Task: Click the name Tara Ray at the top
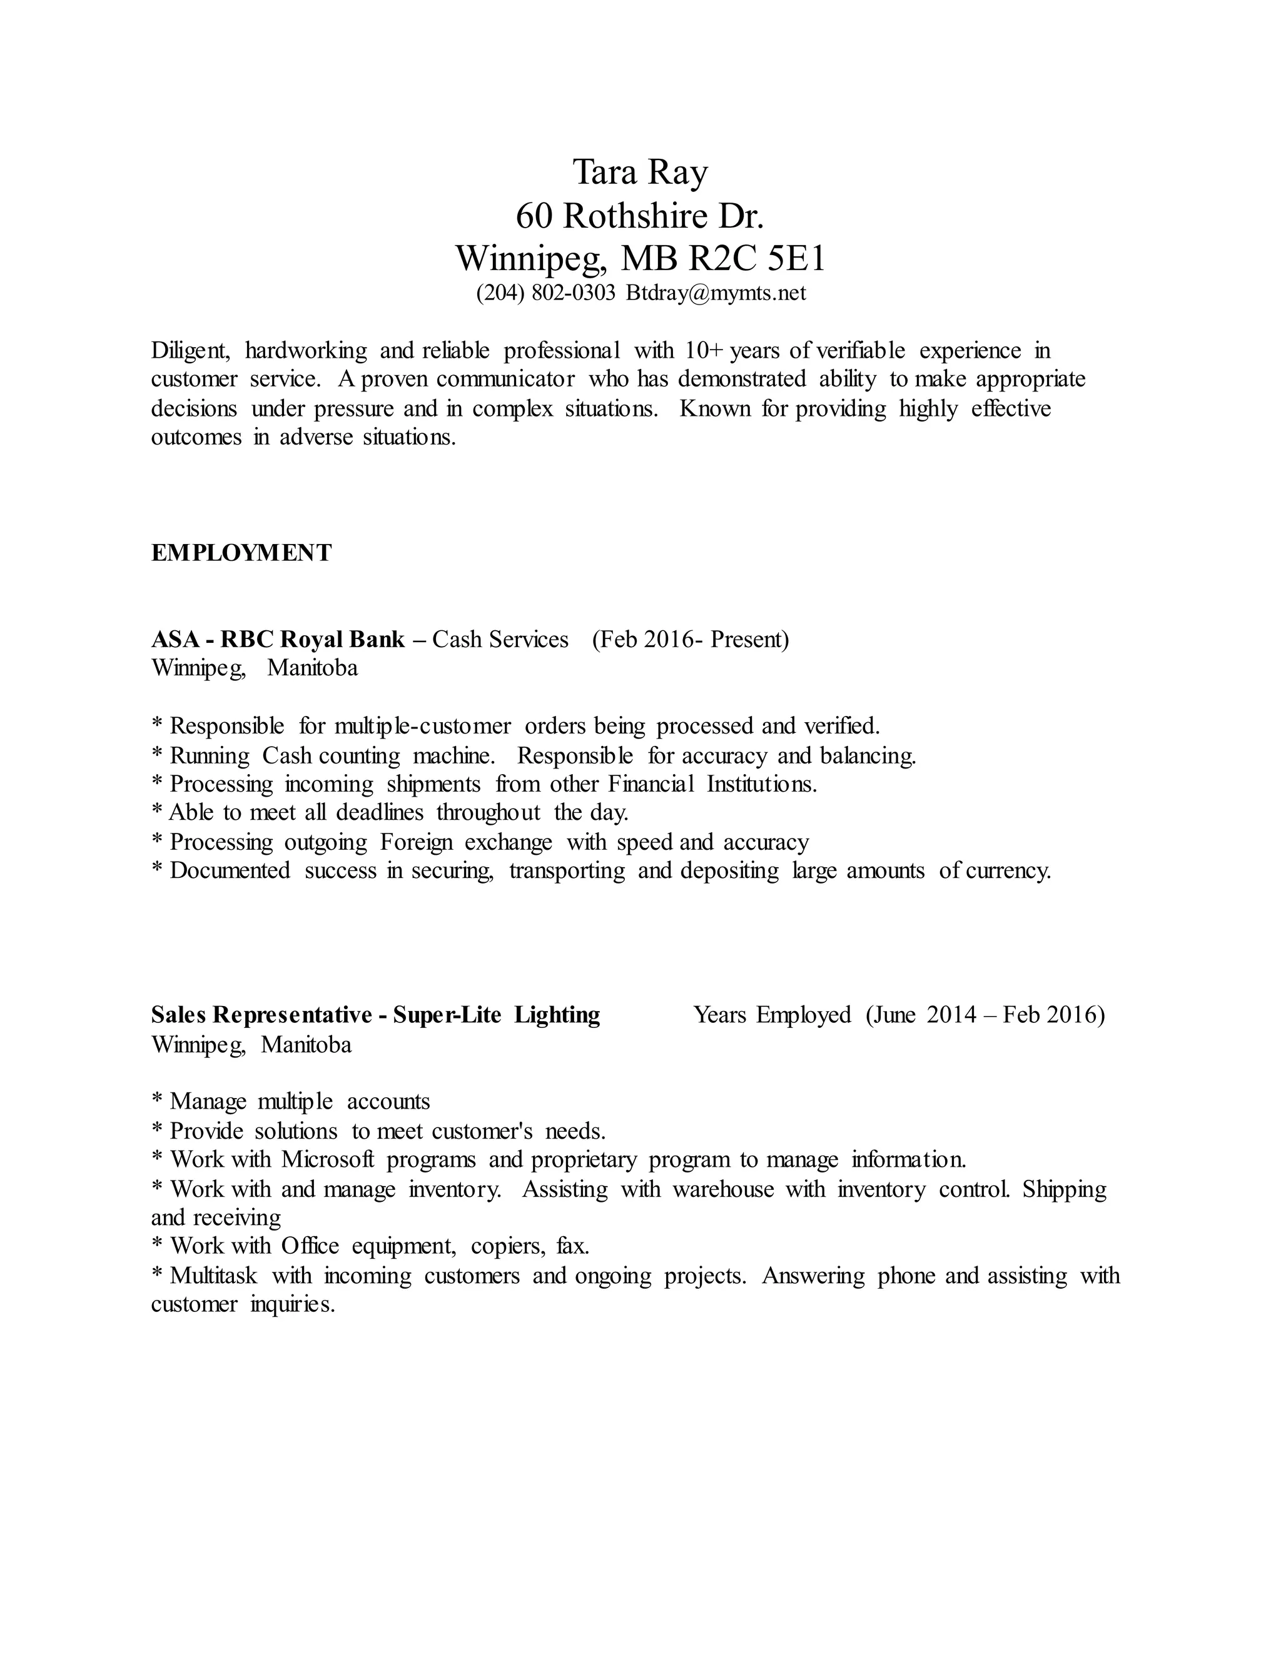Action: pyautogui.click(x=640, y=172)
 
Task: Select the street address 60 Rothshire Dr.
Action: pyautogui.click(x=640, y=216)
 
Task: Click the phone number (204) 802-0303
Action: pyautogui.click(x=545, y=293)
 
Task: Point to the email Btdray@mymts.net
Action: pyautogui.click(x=715, y=293)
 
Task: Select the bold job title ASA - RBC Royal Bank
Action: pyautogui.click(x=278, y=640)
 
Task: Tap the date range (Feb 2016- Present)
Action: pyautogui.click(x=691, y=640)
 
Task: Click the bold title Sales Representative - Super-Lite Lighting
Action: pyautogui.click(x=375, y=1015)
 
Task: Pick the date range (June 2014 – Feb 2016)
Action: pyautogui.click(x=985, y=1015)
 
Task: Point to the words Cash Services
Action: pyautogui.click(x=500, y=640)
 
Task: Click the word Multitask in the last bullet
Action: pyautogui.click(x=213, y=1276)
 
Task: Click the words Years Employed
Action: pyautogui.click(x=772, y=1015)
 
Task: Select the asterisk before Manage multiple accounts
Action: pyautogui.click(x=157, y=1101)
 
